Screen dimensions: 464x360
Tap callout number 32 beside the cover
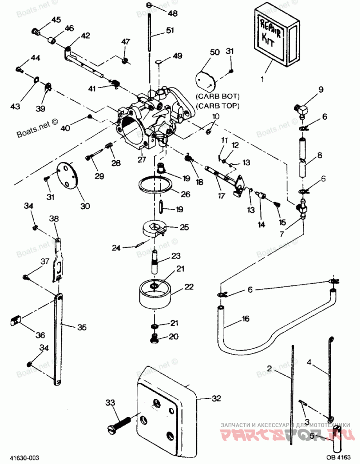coord(217,398)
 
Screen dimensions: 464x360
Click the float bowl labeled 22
coord(155,294)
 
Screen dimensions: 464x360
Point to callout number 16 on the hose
coord(245,319)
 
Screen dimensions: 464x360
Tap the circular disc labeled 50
coord(207,80)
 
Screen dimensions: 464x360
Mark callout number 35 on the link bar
coord(81,327)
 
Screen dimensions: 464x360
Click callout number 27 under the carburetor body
coord(142,159)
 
